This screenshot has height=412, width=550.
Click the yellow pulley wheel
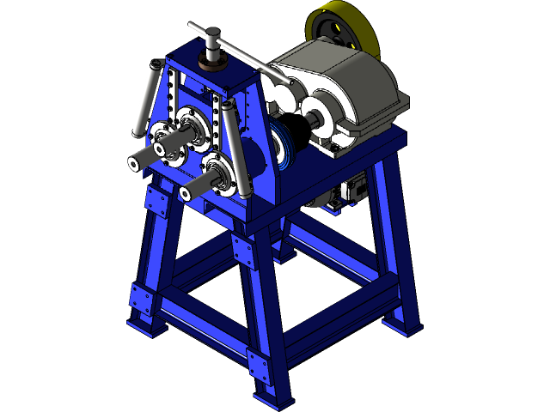(x=345, y=29)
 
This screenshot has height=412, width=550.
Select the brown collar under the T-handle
(x=212, y=62)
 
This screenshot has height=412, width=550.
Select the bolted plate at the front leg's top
(x=243, y=251)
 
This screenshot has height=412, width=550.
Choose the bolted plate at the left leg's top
(x=157, y=203)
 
